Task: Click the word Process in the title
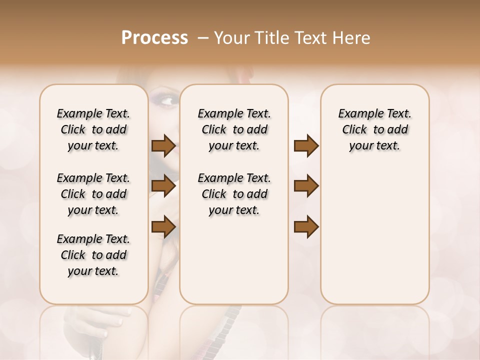coord(154,38)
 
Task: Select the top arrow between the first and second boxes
coord(163,145)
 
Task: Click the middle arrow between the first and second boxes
coord(163,186)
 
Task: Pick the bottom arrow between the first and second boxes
coord(163,226)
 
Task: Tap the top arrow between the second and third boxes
coord(306,145)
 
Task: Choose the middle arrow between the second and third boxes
coord(306,186)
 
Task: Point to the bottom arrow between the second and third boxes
coord(306,226)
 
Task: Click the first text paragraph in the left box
coord(93,129)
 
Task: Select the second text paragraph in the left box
coord(93,194)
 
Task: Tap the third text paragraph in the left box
coord(93,255)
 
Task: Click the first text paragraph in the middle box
coord(234,129)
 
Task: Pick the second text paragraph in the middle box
coord(234,194)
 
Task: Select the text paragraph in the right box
coord(374,129)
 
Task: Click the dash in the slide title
coord(203,38)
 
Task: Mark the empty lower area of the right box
coord(374,235)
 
